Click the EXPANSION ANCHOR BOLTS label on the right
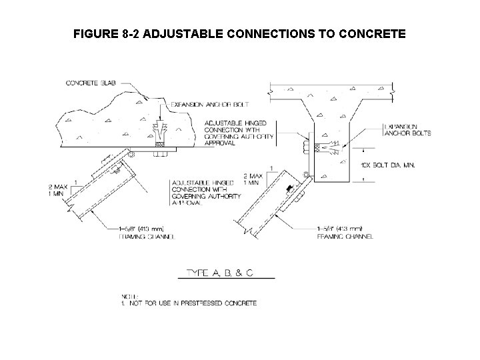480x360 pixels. pos(408,129)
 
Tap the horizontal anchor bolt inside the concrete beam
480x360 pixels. pos(330,147)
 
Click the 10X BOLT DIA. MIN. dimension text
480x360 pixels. pos(387,164)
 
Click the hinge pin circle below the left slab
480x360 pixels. pos(131,155)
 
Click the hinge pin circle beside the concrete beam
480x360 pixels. pos(306,175)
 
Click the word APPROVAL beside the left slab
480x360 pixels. pos(220,143)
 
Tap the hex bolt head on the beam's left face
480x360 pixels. pos(306,145)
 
